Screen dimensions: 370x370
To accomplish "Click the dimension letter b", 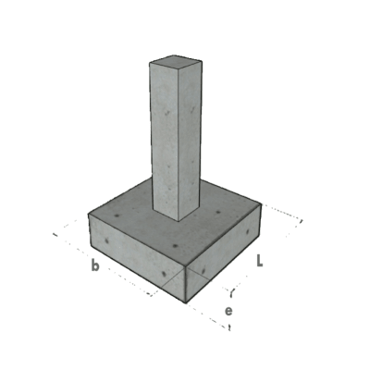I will [x=94, y=266].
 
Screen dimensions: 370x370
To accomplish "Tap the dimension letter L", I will [x=262, y=263].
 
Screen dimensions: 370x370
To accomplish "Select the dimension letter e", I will [x=228, y=310].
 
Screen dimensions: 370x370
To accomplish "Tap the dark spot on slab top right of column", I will [x=218, y=214].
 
